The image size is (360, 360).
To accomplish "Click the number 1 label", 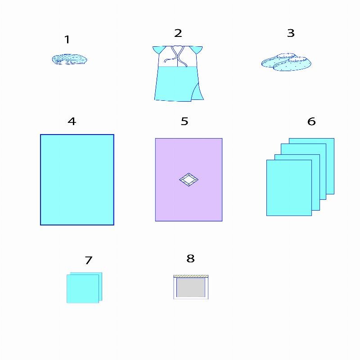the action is (67, 40).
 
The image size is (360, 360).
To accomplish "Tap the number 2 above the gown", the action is (178, 33).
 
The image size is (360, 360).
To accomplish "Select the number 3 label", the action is (291, 33).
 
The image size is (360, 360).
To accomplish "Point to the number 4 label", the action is (72, 121).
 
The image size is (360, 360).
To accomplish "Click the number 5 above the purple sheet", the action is (184, 121).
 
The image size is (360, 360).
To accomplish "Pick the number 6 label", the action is (311, 121).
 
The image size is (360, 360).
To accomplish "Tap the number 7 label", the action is (89, 261).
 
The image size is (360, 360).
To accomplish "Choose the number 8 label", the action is (190, 258).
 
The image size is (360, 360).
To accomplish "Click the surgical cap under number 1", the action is (69, 59).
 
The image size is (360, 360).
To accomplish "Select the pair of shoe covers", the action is (286, 62).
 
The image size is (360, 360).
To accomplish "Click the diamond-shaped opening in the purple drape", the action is (189, 180).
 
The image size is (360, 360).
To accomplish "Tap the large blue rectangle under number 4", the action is (77, 180).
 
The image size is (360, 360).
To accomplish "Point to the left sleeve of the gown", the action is (159, 49).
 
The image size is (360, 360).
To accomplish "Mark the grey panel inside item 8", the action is (191, 288).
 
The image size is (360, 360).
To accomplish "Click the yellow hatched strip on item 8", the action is (191, 276).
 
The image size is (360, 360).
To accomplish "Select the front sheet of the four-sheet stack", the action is (289, 188).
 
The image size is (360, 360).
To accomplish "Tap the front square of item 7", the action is (83, 289).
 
